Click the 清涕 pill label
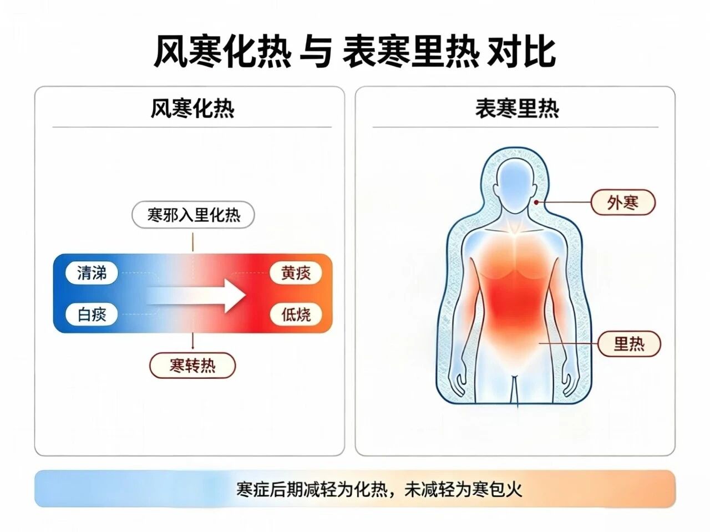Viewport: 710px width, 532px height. point(92,273)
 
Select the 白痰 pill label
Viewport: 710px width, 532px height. point(92,315)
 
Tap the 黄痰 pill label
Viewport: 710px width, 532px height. point(296,273)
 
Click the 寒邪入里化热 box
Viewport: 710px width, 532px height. point(193,215)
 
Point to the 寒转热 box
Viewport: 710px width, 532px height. point(192,366)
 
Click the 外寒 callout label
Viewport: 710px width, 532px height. point(623,202)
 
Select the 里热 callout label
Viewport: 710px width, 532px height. point(629,344)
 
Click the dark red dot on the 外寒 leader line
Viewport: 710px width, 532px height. point(536,202)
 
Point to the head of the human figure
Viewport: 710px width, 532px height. point(515,186)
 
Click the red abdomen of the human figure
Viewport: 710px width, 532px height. point(515,304)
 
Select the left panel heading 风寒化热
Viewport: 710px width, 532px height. point(192,109)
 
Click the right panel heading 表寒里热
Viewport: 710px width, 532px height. point(517,109)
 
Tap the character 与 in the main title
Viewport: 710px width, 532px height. point(316,52)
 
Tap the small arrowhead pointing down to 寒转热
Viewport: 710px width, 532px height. point(193,347)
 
